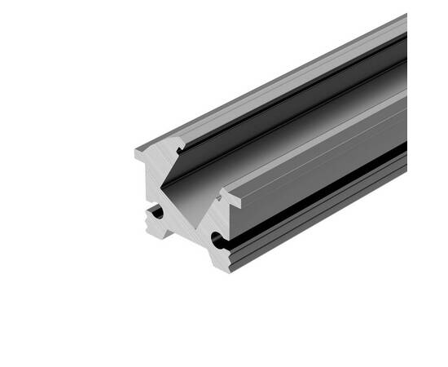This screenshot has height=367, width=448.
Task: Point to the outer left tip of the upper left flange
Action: tap(134, 153)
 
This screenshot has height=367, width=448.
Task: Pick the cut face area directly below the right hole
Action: tap(222, 257)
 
